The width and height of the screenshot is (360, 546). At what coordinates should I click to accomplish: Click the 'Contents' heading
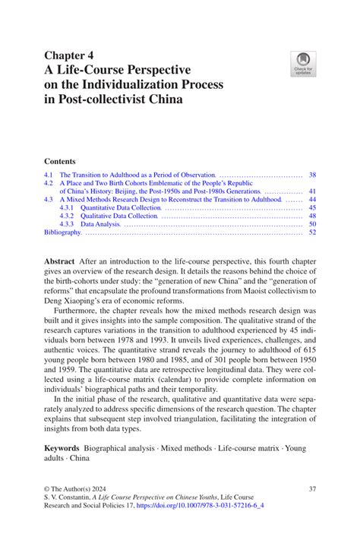(60, 161)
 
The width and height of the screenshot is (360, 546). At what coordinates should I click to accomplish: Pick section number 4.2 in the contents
(49, 183)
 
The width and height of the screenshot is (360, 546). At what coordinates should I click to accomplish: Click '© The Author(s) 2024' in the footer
(80, 489)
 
